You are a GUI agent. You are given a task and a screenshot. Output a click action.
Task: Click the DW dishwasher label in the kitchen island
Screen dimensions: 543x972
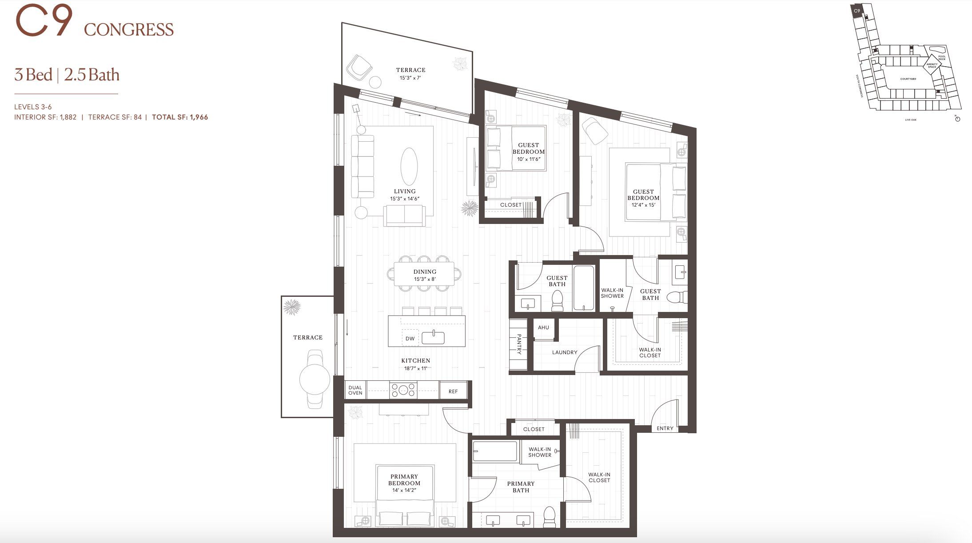pos(410,339)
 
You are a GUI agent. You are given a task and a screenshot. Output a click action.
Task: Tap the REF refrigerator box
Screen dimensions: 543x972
pos(453,391)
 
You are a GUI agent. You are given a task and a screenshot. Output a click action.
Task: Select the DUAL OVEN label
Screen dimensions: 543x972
pos(355,390)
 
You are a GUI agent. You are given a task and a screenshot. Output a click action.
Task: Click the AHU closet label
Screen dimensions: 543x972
pos(543,327)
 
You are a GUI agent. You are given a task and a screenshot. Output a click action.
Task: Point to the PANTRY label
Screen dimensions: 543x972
pos(518,344)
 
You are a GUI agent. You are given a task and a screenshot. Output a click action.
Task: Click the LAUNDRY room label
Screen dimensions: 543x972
pos(564,352)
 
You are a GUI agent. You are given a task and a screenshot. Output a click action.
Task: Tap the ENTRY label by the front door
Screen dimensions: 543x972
pos(665,428)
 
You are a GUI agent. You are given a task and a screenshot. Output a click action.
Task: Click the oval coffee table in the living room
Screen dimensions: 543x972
pos(409,166)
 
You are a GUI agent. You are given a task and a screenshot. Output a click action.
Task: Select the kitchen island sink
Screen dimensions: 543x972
pos(433,338)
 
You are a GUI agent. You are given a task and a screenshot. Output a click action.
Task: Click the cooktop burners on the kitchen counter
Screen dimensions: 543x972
pos(403,390)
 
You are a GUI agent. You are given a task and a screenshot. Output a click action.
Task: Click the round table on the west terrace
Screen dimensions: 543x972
pos(315,379)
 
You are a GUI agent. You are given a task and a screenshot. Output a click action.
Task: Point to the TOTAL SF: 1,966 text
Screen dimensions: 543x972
pos(180,117)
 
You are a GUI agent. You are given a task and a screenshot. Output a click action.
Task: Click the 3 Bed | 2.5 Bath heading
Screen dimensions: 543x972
pos(67,75)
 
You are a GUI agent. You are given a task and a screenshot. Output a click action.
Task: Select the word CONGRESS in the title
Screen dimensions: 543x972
pos(129,30)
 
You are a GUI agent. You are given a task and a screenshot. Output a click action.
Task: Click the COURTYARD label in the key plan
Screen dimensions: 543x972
pos(908,79)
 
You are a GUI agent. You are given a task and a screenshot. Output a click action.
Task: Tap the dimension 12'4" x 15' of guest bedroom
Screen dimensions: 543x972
pos(643,205)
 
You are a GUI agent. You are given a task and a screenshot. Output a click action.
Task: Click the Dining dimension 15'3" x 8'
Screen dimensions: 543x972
pos(425,279)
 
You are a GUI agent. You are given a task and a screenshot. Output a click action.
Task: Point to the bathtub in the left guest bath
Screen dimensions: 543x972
pos(583,288)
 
